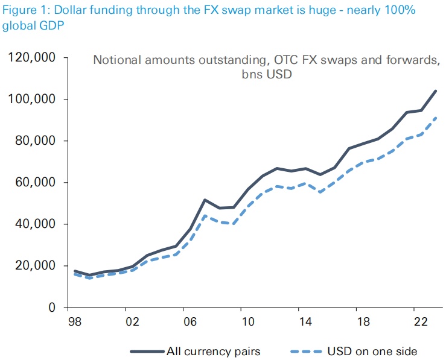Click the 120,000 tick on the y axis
[x=31, y=58]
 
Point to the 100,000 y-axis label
[x=31, y=99]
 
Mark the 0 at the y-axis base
[x=53, y=308]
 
